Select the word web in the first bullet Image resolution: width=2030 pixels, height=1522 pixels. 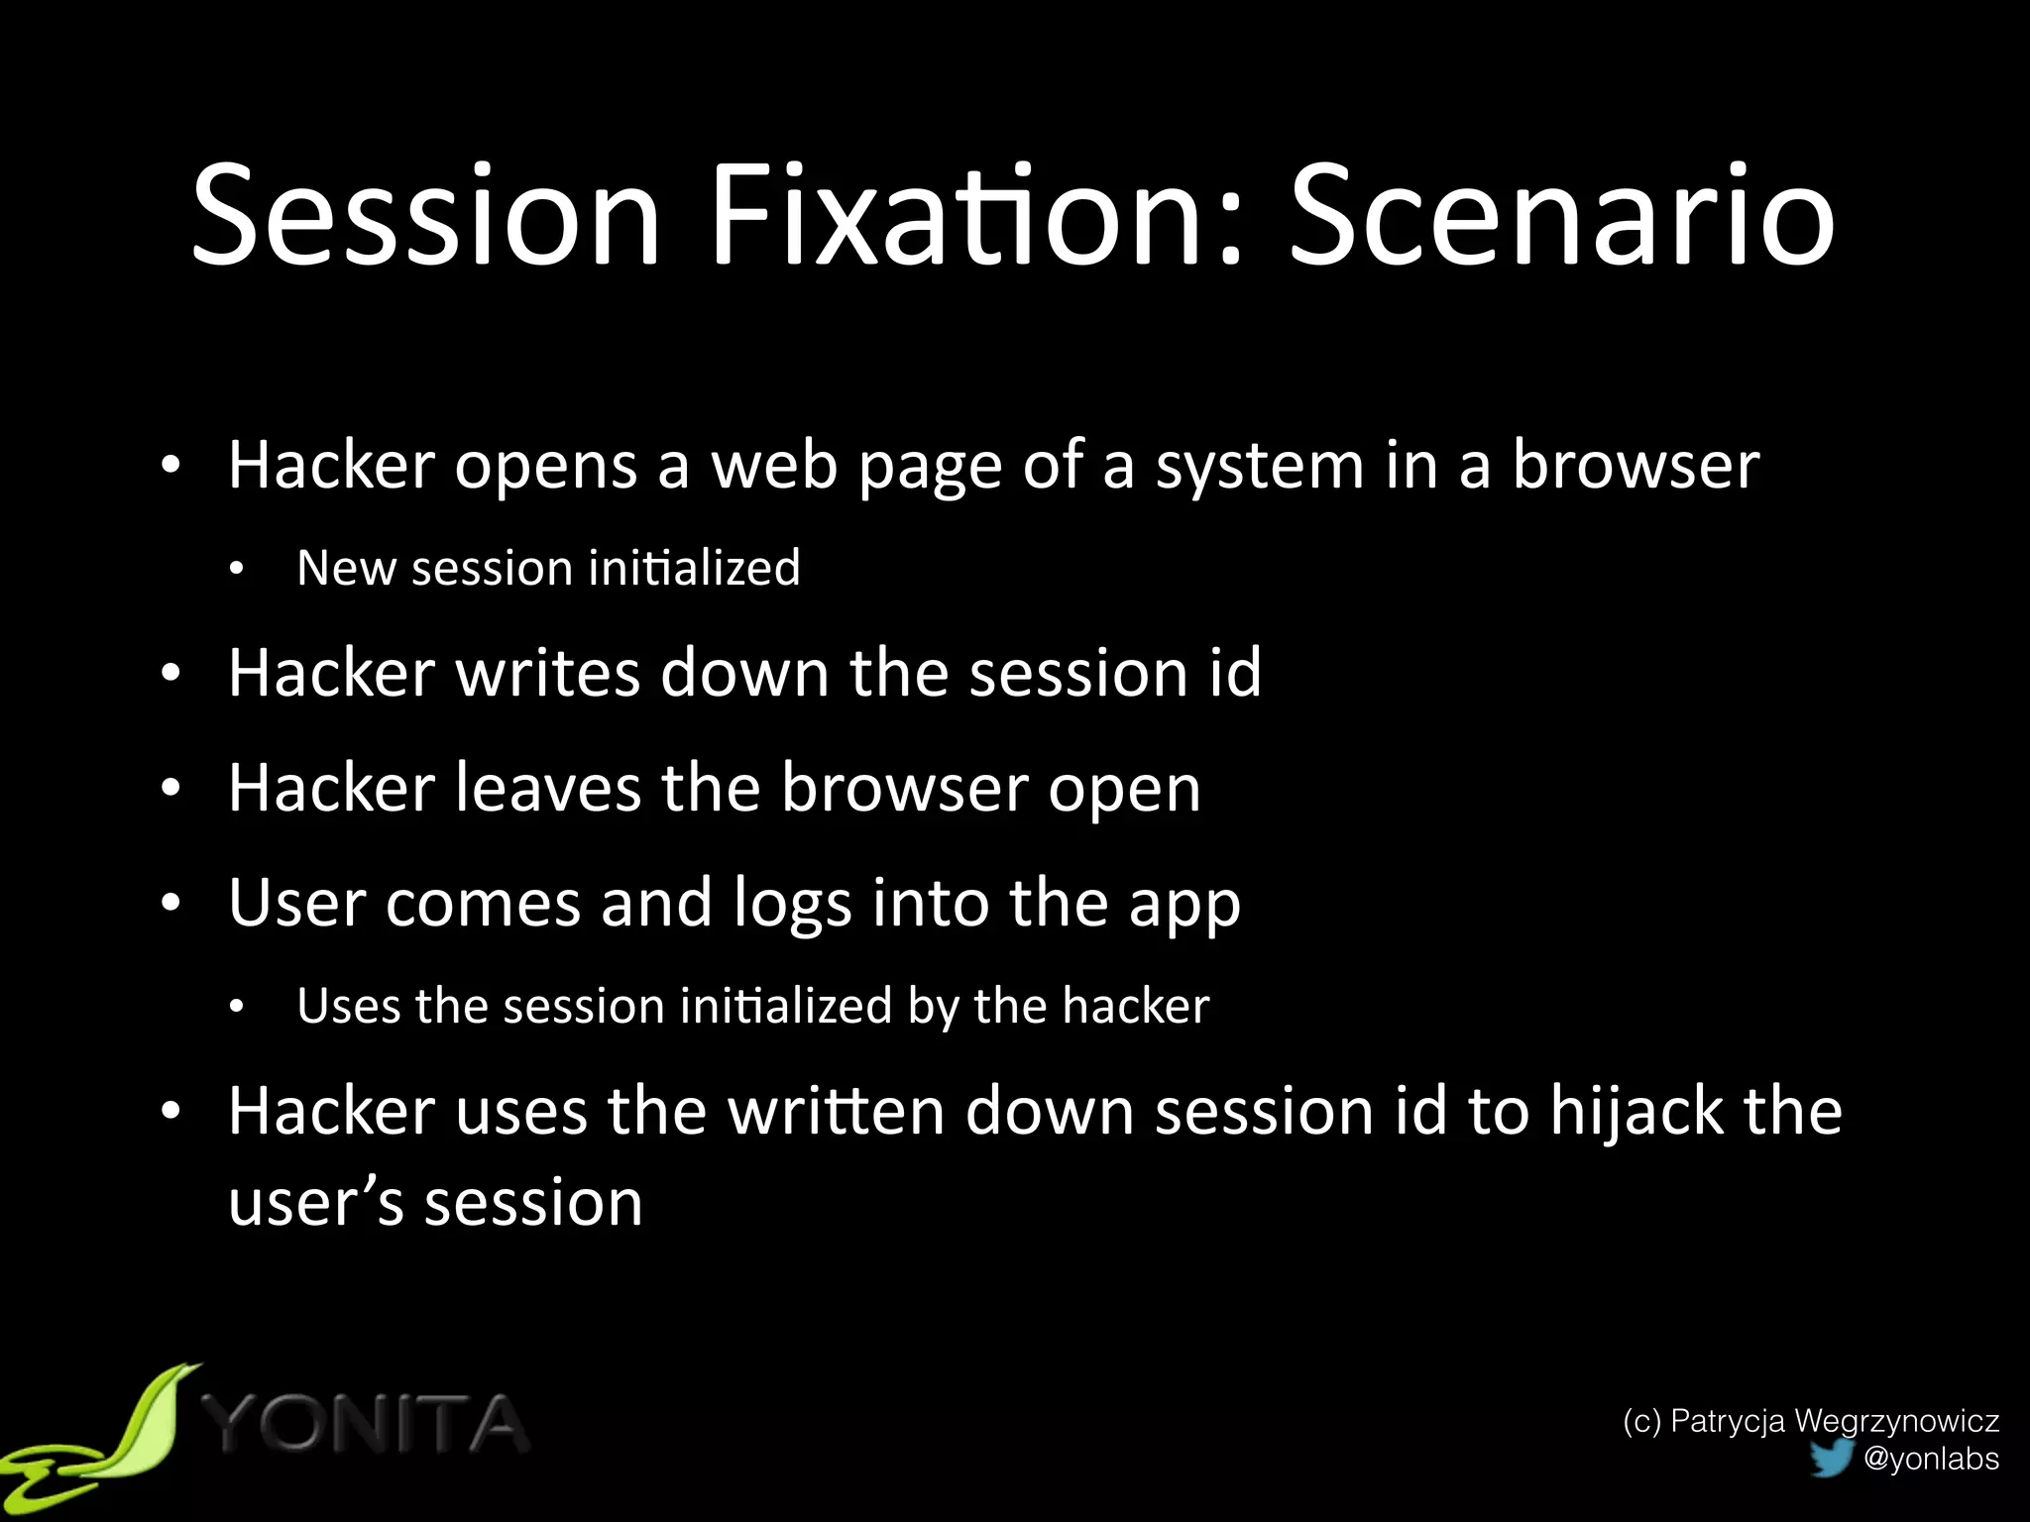pyautogui.click(x=774, y=465)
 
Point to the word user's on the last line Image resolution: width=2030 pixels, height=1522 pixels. pyautogui.click(x=316, y=1203)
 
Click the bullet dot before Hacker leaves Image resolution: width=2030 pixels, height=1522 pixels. pyautogui.click(x=171, y=789)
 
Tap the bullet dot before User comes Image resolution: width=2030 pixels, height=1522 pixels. pyautogui.click(x=171, y=904)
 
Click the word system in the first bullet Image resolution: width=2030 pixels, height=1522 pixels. pyautogui.click(x=1260, y=467)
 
